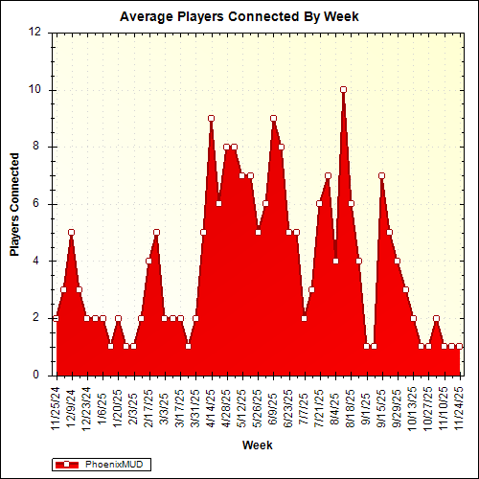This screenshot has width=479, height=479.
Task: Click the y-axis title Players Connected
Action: tap(14, 203)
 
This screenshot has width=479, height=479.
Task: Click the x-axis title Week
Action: tap(257, 445)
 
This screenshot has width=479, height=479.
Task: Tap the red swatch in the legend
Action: tap(67, 465)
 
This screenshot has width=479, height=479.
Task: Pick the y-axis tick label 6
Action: tap(38, 203)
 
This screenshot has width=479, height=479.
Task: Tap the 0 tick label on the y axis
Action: tap(38, 375)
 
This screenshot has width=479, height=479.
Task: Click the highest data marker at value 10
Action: tap(343, 89)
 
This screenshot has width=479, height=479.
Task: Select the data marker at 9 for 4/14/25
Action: tap(211, 118)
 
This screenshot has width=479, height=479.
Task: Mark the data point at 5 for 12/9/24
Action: tap(71, 232)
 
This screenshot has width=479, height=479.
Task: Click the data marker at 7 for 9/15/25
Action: tap(381, 175)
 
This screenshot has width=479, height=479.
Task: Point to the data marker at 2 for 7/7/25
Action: tap(304, 318)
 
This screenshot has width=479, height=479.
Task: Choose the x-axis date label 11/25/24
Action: tap(56, 406)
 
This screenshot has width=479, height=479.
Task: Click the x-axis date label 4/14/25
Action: tap(211, 406)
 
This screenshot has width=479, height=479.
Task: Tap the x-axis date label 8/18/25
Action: tap(351, 406)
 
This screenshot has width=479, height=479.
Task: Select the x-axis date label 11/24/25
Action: tap(460, 406)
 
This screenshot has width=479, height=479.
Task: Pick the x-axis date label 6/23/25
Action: tap(288, 406)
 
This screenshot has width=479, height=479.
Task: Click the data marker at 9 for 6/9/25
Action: tap(273, 118)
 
